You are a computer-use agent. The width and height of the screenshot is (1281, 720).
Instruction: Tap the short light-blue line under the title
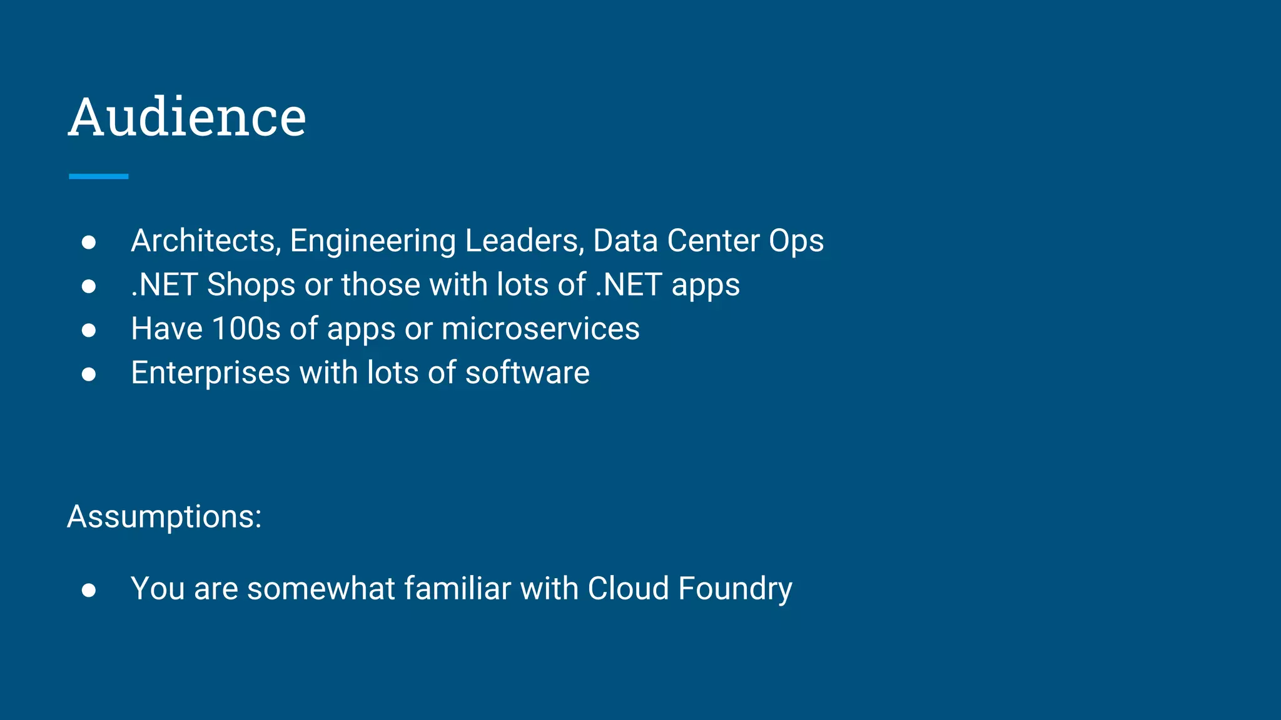pyautogui.click(x=98, y=177)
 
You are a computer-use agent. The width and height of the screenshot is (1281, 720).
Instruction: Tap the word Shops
pyautogui.click(x=251, y=286)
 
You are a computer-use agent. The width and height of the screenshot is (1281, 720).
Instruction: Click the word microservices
pyautogui.click(x=540, y=329)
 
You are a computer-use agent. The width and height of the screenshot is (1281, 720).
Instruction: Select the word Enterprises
pyautogui.click(x=211, y=374)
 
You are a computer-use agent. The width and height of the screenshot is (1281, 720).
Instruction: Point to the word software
pyautogui.click(x=527, y=373)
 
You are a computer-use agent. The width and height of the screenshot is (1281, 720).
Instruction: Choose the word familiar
pyautogui.click(x=457, y=589)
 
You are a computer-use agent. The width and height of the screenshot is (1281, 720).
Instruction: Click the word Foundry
pyautogui.click(x=735, y=589)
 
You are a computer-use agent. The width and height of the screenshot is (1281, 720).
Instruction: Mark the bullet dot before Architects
pyautogui.click(x=89, y=242)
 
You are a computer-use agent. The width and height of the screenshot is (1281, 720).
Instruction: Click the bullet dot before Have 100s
pyautogui.click(x=89, y=330)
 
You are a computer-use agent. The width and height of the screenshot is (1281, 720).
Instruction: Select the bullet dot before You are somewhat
pyautogui.click(x=89, y=590)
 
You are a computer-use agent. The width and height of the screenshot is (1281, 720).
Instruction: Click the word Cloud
pyautogui.click(x=629, y=589)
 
